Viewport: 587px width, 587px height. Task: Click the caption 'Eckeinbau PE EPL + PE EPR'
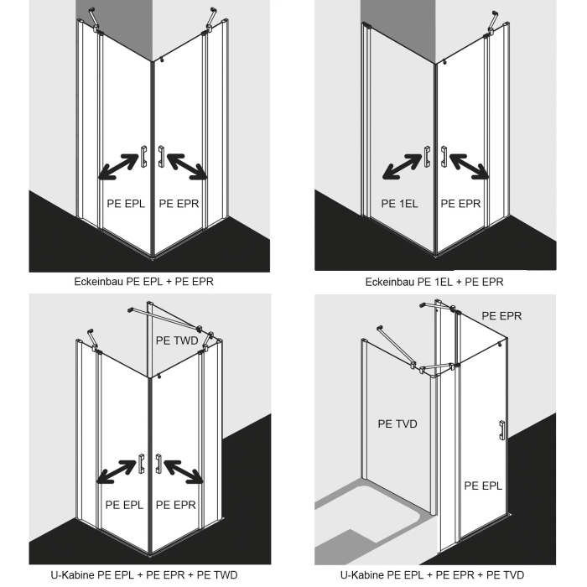point(143,282)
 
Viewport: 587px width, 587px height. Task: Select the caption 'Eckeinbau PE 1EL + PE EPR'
point(434,282)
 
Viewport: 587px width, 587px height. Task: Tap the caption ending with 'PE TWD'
point(143,575)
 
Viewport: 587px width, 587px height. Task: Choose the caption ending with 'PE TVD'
point(434,575)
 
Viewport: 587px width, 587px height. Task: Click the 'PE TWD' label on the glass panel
point(177,341)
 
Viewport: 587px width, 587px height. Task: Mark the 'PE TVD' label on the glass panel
point(397,424)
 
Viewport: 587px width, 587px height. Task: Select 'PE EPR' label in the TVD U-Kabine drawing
point(502,316)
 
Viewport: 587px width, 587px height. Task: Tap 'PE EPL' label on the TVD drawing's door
point(483,485)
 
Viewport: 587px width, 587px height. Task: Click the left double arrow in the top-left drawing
point(118,166)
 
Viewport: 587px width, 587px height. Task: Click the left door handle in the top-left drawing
point(144,157)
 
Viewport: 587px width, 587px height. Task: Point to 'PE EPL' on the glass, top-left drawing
point(126,203)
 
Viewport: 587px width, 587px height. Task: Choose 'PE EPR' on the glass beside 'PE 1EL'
point(460,203)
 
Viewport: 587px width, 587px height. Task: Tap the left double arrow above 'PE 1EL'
point(402,166)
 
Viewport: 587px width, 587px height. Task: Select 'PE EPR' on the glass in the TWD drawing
point(176,505)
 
